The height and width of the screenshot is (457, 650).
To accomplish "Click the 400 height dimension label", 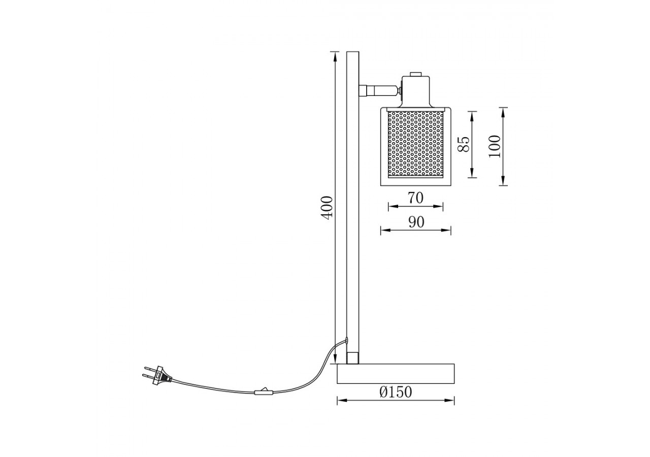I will point(328,207).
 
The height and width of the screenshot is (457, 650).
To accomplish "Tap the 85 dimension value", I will point(463,144).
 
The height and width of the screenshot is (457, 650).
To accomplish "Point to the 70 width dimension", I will point(415,198).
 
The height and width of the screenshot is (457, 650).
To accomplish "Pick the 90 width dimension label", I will point(416,222).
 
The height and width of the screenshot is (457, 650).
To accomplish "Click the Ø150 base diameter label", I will point(396,393).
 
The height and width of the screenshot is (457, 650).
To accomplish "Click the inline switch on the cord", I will point(263,391).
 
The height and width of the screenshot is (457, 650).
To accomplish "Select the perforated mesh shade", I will point(415,144).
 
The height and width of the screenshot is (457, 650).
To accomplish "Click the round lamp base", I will point(396,373).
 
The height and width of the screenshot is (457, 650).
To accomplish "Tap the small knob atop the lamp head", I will point(416,74).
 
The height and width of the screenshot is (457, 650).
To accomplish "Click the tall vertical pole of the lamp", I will point(352,203).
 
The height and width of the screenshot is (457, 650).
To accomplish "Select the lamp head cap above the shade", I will point(416,91).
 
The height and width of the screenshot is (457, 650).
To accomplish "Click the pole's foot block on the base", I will point(352,357).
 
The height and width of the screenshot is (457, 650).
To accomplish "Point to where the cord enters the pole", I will point(347,341).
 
